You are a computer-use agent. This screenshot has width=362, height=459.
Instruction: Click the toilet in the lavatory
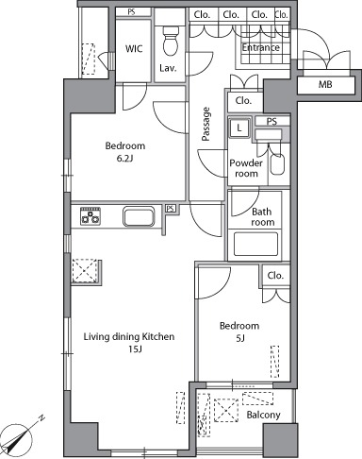(x=171, y=40)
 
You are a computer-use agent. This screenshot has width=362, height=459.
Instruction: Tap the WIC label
(x=134, y=48)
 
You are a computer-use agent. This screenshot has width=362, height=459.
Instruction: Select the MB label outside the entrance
(x=325, y=84)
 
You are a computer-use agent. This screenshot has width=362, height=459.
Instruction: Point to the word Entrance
(x=260, y=47)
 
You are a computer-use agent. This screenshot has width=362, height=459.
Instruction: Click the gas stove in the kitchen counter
(x=90, y=215)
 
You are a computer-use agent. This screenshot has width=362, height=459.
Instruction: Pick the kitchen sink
(x=139, y=216)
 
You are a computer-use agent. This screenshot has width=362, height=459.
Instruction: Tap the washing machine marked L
(x=239, y=127)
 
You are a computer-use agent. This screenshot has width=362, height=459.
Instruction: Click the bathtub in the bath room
(x=255, y=244)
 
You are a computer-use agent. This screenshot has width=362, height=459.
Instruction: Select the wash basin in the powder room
(x=277, y=163)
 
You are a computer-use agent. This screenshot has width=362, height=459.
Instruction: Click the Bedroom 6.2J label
(x=125, y=151)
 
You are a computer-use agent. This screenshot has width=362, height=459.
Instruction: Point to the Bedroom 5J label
(x=239, y=331)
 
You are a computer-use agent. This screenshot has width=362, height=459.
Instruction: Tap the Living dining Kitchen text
(x=129, y=336)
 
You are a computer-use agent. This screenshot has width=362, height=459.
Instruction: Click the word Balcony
(x=263, y=415)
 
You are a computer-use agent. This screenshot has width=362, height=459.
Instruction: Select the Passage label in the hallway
(x=206, y=124)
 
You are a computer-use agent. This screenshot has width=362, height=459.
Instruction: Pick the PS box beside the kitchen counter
(x=171, y=209)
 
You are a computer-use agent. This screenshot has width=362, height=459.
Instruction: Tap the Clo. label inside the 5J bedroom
(x=275, y=276)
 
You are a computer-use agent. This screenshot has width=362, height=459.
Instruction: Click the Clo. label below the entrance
(x=243, y=101)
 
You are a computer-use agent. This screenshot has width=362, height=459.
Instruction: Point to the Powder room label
(x=246, y=168)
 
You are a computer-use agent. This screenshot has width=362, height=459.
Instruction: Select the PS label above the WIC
(x=131, y=12)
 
